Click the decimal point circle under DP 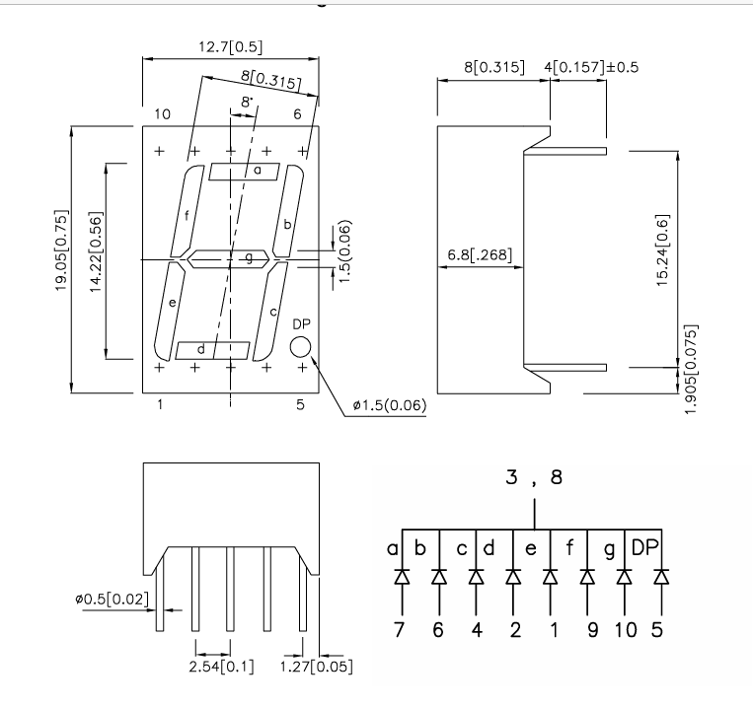[299, 346]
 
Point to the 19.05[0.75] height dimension [61, 258]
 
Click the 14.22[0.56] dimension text [95, 258]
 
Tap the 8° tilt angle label [247, 103]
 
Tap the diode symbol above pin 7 [402, 576]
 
